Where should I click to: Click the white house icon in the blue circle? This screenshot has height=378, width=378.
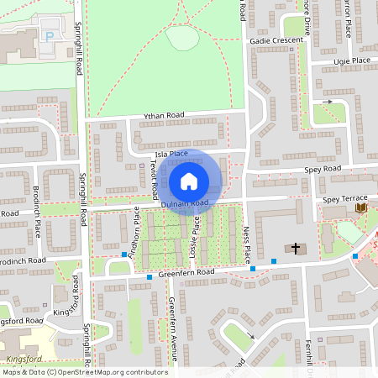189,181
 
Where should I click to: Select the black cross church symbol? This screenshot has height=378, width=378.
295,248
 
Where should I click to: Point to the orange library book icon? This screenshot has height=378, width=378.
360,207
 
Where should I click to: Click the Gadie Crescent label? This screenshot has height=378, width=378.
276,40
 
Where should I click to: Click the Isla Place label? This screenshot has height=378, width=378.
166,154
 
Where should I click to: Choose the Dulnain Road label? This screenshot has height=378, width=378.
185,203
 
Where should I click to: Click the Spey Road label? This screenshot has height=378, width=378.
323,169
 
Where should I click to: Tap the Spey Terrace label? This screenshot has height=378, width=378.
345,199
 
